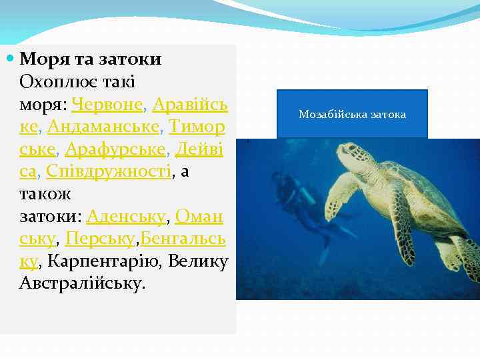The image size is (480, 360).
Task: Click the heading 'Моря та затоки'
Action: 91,59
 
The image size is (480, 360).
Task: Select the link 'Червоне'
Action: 109,105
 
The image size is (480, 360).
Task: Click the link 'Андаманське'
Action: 104,127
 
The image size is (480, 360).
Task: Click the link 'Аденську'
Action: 126,216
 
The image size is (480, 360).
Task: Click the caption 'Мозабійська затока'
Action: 352,115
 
